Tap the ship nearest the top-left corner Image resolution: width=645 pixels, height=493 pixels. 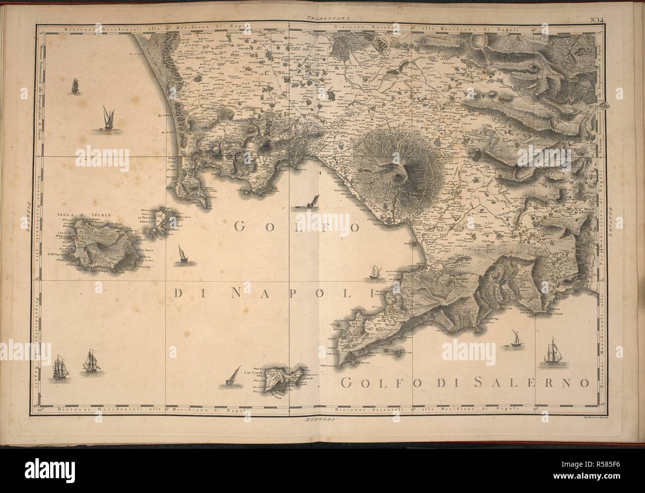pos(75,85)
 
